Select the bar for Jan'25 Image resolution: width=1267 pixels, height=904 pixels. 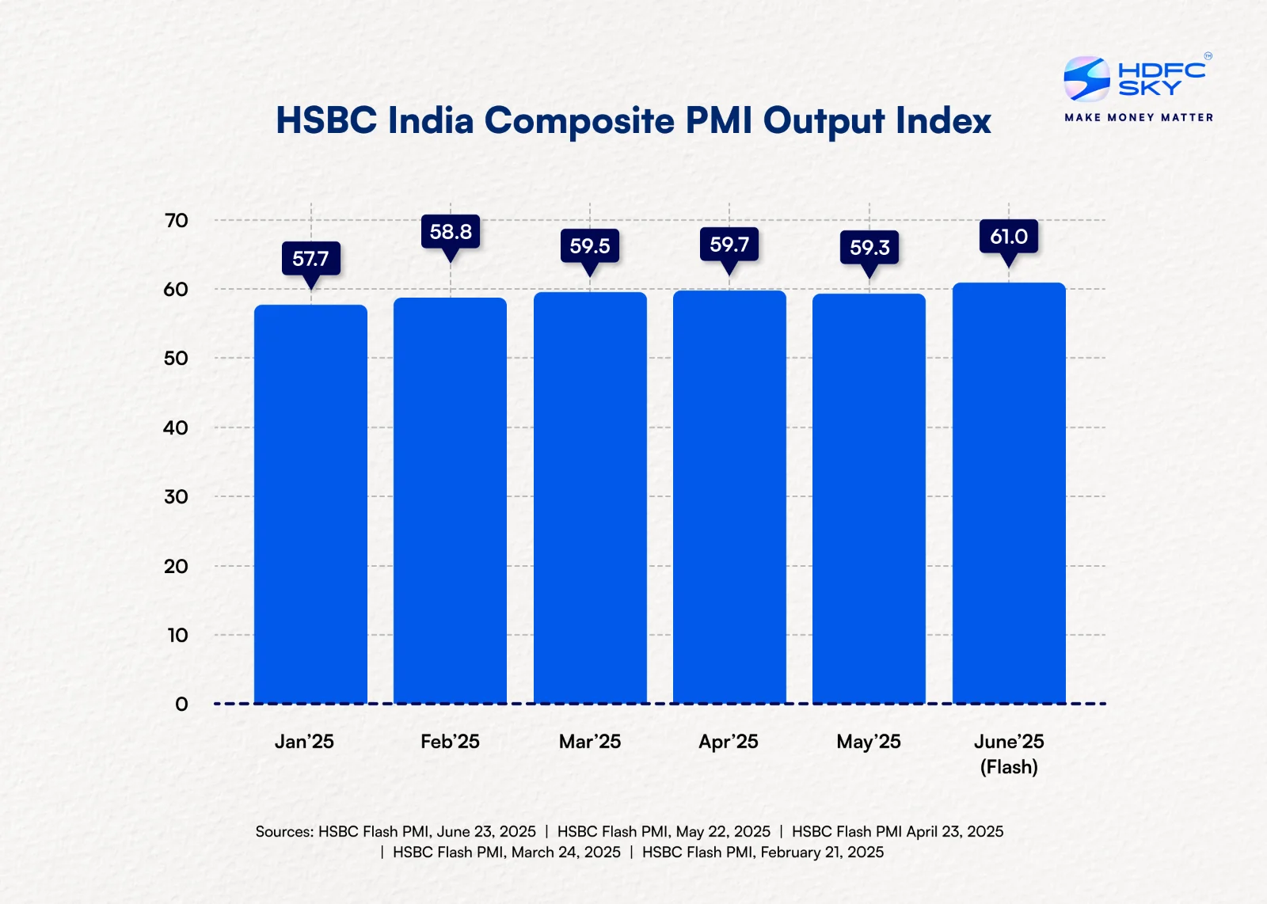(x=310, y=504)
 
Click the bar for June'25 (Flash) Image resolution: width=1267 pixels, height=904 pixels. (x=1009, y=493)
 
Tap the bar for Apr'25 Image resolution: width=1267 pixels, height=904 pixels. (x=729, y=497)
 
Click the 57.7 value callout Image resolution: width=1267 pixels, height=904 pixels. (x=310, y=258)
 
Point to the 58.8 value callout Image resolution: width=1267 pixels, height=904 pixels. (x=451, y=231)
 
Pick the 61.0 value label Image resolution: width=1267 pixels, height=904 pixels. (x=1009, y=236)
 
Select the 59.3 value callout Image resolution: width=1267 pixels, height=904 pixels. (x=869, y=247)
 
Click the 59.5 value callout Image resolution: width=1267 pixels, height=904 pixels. (x=590, y=245)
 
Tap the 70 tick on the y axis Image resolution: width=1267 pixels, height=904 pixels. (x=176, y=220)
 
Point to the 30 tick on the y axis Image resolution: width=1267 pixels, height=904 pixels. (x=176, y=496)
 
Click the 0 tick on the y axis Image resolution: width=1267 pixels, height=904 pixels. (x=181, y=704)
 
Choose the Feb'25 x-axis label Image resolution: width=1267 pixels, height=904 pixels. (x=450, y=742)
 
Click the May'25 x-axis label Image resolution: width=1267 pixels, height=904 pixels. (x=869, y=742)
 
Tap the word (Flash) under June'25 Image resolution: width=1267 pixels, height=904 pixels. (x=1009, y=767)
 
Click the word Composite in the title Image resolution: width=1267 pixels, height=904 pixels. (x=579, y=121)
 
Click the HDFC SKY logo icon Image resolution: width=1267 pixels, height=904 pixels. (x=1086, y=78)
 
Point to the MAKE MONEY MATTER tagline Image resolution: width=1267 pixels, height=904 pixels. (x=1139, y=117)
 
